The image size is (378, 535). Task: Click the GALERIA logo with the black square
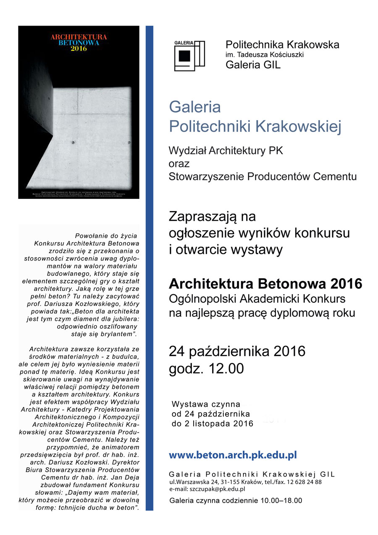click(189, 55)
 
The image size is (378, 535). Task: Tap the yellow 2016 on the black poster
click(79, 49)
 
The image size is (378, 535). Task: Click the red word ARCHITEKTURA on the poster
click(79, 37)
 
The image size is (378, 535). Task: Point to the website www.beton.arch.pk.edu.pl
click(233, 455)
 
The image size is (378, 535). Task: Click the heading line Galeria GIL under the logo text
click(253, 65)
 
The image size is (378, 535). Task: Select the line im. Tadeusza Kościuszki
click(265, 55)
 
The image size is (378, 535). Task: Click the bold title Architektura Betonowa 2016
click(265, 284)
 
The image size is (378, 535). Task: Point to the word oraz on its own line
click(179, 163)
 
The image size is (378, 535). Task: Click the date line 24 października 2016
click(237, 351)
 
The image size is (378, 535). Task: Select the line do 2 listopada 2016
click(213, 424)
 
